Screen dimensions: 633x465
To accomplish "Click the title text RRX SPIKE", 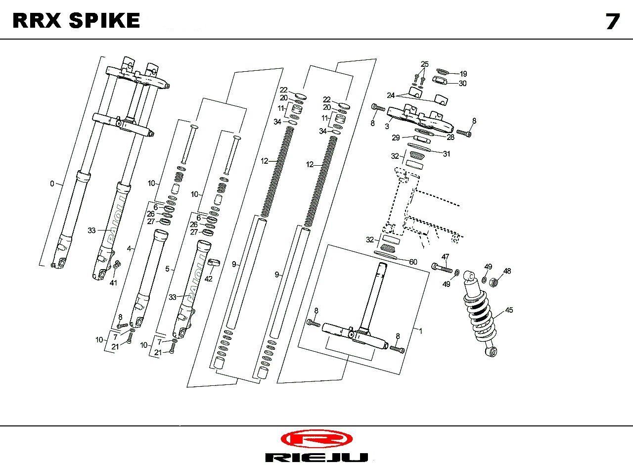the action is [76, 21].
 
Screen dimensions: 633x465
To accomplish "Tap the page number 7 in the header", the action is [612, 22].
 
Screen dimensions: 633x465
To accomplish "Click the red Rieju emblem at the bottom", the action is [316, 438].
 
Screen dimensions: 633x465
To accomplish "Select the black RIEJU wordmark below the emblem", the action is [316, 457].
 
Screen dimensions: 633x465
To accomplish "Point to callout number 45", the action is [509, 310].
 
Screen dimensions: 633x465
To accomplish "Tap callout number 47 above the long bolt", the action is [446, 257].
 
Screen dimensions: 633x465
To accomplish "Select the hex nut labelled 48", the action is [493, 282].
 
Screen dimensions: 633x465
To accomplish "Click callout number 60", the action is [412, 261].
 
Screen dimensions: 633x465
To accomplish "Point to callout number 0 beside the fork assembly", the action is [52, 184].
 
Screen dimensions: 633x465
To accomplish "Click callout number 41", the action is [113, 282].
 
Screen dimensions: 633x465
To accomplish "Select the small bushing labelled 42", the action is [214, 262].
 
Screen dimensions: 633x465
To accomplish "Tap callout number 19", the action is [463, 74].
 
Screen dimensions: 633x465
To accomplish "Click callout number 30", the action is [462, 84].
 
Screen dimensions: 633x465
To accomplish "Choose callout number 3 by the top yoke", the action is [387, 127].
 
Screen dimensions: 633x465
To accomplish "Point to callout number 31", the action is [447, 154].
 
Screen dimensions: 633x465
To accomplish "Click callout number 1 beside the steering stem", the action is [420, 331].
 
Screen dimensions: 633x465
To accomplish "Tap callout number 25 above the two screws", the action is [425, 64].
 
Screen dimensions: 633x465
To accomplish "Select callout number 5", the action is [167, 269].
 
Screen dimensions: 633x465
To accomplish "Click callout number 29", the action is [396, 138].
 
